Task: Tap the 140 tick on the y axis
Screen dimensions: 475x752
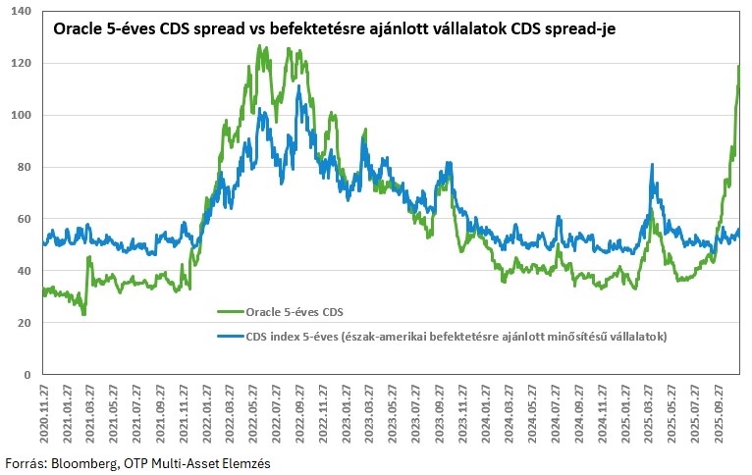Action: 21,12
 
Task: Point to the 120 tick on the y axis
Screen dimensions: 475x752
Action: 21,63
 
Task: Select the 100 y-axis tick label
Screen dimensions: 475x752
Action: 21,115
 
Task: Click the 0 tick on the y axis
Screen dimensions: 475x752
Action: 27,375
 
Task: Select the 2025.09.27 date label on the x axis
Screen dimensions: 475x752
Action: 720,412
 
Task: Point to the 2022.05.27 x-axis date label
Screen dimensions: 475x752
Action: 254,412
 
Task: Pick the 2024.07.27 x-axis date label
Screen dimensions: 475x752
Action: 557,412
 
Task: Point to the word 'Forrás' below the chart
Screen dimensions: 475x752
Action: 25,461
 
